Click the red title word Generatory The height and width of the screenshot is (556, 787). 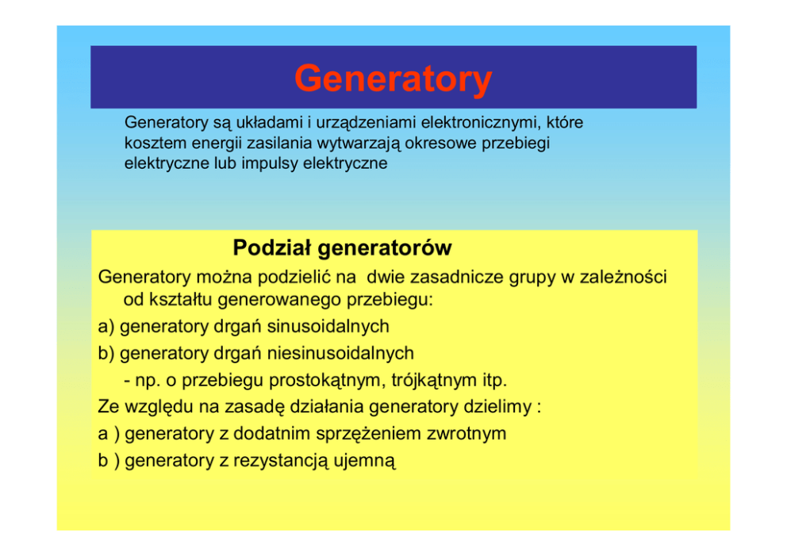click(393, 79)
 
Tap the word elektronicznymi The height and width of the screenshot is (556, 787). click(481, 122)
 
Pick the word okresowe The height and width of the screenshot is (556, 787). click(441, 143)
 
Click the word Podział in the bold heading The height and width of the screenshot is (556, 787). click(272, 248)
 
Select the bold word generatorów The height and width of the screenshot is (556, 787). click(385, 249)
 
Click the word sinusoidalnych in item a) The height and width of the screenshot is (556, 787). click(328, 327)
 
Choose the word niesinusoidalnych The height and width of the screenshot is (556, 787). click(340, 353)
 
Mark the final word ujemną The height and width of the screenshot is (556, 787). click(364, 461)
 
